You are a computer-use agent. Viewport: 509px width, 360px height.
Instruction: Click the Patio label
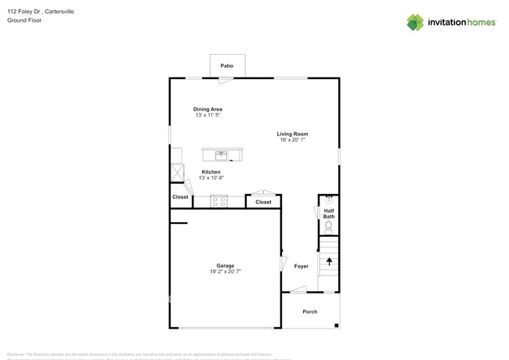click(x=226, y=66)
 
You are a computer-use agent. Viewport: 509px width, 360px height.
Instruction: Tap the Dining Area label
click(x=208, y=109)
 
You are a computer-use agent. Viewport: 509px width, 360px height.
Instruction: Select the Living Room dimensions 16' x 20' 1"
click(x=293, y=140)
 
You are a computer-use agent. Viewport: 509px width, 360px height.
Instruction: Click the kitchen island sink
click(x=222, y=154)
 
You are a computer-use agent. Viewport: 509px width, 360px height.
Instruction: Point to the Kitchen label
click(x=211, y=171)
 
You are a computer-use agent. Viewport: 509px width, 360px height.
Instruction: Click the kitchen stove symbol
click(x=218, y=201)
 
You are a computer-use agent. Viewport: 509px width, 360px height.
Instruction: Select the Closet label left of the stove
click(x=180, y=197)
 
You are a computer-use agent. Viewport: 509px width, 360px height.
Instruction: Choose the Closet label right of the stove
click(x=263, y=202)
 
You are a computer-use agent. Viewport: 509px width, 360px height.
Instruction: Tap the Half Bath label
click(x=330, y=213)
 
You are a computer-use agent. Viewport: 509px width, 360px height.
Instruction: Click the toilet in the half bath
click(x=329, y=226)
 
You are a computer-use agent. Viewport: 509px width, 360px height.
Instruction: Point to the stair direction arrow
click(x=329, y=262)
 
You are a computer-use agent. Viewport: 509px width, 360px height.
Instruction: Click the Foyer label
click(x=301, y=266)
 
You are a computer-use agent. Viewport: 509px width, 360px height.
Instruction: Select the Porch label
click(x=310, y=311)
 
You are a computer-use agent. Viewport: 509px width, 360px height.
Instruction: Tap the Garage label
click(x=226, y=265)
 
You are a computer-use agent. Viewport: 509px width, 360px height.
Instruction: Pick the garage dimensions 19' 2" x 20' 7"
click(x=226, y=272)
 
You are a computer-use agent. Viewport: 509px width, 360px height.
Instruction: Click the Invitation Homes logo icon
click(x=415, y=23)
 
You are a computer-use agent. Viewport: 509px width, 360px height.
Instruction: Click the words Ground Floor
click(x=24, y=20)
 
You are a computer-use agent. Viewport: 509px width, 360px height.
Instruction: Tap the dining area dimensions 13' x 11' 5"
click(x=208, y=115)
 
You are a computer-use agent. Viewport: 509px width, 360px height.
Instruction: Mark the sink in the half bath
click(x=329, y=199)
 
